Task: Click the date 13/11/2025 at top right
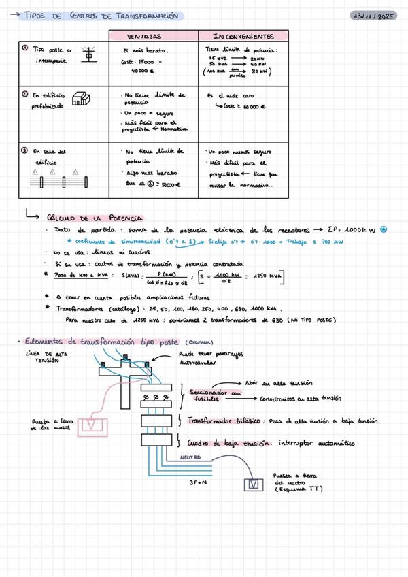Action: tap(376, 15)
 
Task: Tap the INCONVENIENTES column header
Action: tap(243, 36)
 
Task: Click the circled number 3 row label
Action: tap(24, 151)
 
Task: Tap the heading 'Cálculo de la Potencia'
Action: tap(95, 218)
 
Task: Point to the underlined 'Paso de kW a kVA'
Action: tap(82, 275)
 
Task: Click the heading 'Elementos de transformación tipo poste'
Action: tap(99, 342)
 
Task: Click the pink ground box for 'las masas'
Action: tap(90, 426)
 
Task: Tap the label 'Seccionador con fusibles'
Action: tap(214, 396)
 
